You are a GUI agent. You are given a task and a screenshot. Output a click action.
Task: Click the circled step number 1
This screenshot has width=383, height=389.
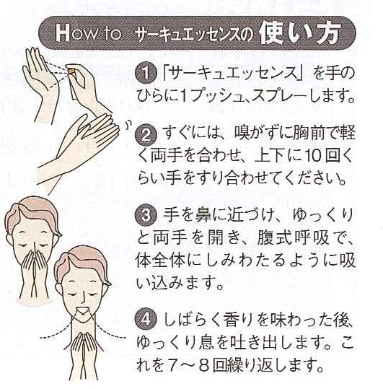pyautogui.click(x=146, y=73)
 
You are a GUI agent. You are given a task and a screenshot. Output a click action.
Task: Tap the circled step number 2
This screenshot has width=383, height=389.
pyautogui.click(x=146, y=134)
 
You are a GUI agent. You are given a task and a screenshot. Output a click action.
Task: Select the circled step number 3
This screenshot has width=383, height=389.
pyautogui.click(x=146, y=215)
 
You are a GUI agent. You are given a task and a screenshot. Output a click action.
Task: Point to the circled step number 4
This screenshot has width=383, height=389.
pyautogui.click(x=146, y=320)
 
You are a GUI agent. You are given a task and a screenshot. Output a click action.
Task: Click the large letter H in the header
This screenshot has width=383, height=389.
pyautogui.click(x=62, y=32)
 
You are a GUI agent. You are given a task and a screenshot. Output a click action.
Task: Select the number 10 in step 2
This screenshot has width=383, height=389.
pyautogui.click(x=309, y=156)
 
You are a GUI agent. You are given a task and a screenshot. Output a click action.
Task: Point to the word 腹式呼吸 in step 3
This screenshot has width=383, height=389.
pyautogui.click(x=293, y=237)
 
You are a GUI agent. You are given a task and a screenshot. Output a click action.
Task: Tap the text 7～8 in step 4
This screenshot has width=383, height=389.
pyautogui.click(x=189, y=366)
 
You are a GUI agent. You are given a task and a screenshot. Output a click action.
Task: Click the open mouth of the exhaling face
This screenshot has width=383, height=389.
pyautogui.click(x=83, y=310)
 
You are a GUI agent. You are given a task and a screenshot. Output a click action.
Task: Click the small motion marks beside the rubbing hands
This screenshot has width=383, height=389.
pyautogui.click(x=128, y=124)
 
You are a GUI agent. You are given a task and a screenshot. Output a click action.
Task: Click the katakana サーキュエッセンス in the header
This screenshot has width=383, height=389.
pyautogui.click(x=188, y=34)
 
